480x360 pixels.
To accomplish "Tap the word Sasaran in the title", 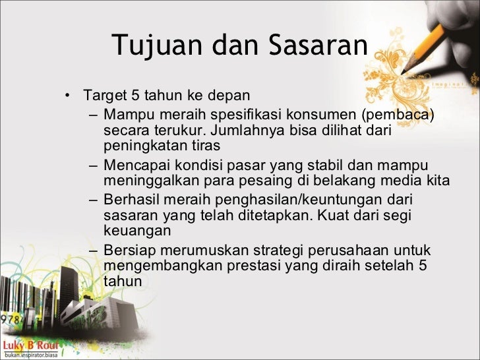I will pos(317,45).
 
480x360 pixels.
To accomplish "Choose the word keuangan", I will pos(137,231).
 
